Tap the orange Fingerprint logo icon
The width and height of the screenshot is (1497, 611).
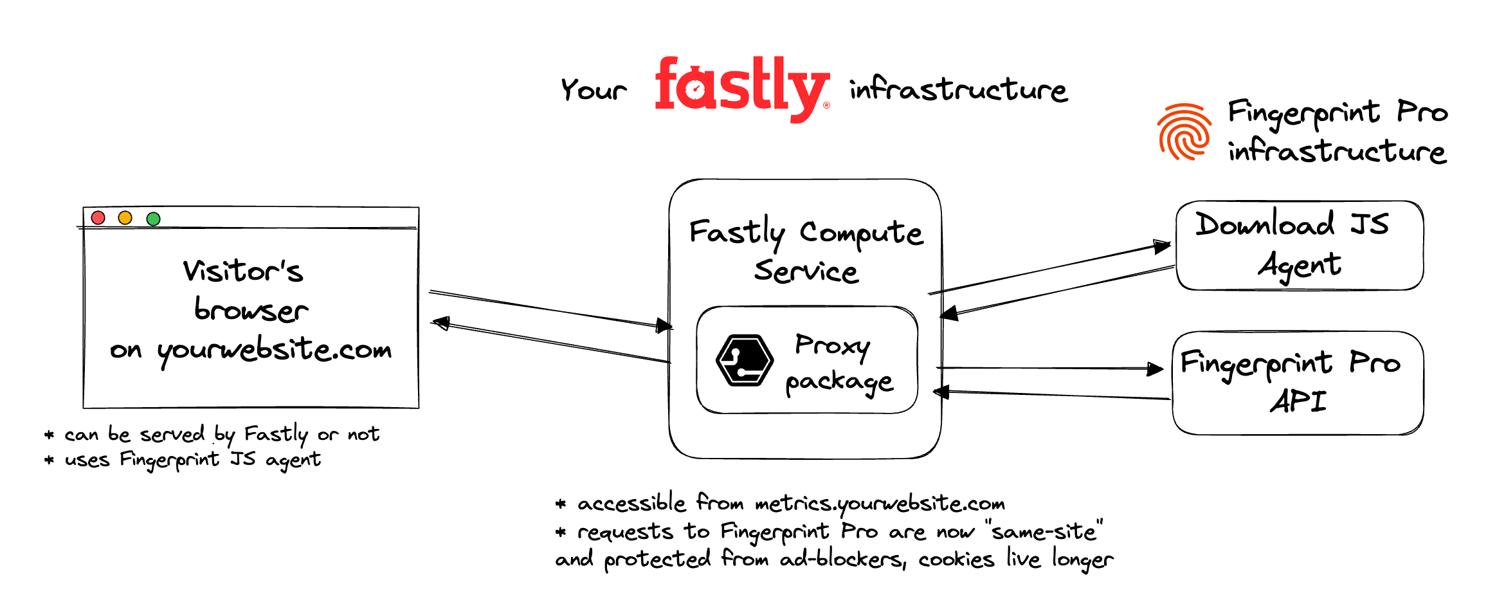coord(1184,132)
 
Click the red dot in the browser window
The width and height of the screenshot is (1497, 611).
coord(98,217)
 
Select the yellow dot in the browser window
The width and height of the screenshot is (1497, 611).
coord(125,217)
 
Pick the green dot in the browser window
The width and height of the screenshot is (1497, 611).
coord(153,219)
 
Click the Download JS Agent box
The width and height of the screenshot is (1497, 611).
coord(1299,246)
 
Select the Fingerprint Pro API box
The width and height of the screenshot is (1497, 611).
coord(1298,383)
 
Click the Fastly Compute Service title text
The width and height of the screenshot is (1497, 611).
coord(806,251)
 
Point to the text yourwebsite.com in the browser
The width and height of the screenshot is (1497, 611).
coord(275,350)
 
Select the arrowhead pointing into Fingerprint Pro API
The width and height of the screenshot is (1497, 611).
coord(1156,369)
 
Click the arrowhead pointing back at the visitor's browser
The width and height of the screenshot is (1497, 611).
coord(440,322)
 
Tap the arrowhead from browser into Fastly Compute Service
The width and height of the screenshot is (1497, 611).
coord(664,325)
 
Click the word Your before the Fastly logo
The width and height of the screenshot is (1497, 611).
coord(593,90)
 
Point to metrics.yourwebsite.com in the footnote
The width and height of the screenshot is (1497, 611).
coord(880,504)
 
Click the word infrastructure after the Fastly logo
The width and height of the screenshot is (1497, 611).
coord(958,90)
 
